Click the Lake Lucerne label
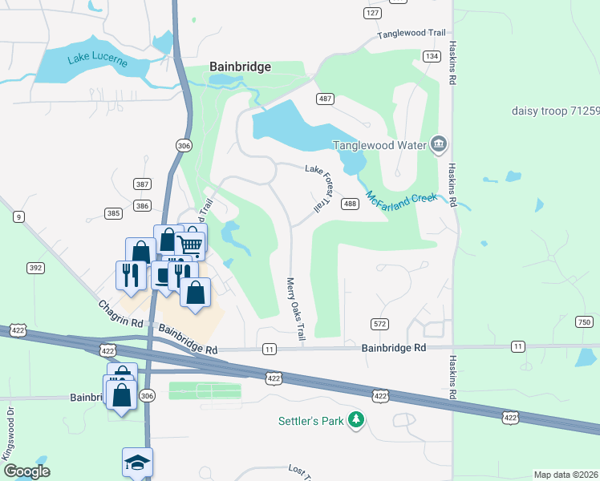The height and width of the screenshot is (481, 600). (88, 63)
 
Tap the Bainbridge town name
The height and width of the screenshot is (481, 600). (240, 67)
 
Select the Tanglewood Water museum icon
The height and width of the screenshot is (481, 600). (439, 144)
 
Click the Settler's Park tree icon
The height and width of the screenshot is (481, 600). (355, 420)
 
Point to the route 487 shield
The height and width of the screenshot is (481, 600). (325, 99)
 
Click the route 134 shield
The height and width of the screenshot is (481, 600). (432, 56)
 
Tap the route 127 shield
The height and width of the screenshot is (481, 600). (371, 14)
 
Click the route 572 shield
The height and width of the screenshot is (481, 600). (379, 324)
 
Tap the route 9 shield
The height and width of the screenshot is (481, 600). (18, 216)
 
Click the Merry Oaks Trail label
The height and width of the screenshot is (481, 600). (295, 312)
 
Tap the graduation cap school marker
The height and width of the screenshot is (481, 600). (137, 463)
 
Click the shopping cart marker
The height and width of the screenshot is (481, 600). (191, 243)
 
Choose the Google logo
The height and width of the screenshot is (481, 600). (26, 471)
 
